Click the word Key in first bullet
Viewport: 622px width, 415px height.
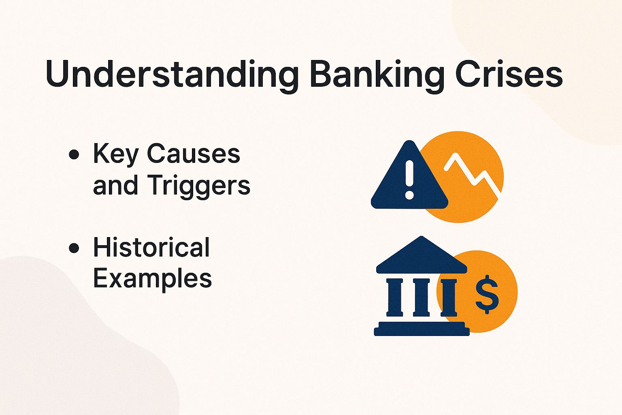click(x=116, y=154)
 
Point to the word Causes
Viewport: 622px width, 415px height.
click(x=193, y=154)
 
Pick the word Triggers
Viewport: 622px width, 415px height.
click(x=198, y=186)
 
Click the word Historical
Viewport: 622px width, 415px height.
click(x=151, y=247)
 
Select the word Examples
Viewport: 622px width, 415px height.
click(x=152, y=279)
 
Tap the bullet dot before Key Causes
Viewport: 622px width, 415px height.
click(x=74, y=155)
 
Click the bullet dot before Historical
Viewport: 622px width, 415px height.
click(x=74, y=248)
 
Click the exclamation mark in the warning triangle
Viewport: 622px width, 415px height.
click(x=409, y=179)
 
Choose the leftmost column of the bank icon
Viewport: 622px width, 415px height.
click(x=395, y=297)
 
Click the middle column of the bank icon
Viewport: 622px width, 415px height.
click(x=421, y=297)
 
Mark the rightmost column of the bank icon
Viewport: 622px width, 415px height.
click(x=448, y=297)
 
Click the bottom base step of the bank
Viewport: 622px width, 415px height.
click(x=421, y=332)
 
